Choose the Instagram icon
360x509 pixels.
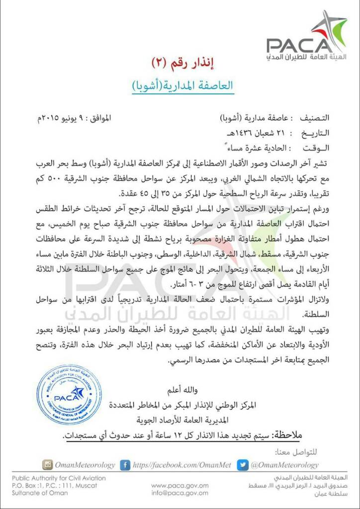pos(47,465)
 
